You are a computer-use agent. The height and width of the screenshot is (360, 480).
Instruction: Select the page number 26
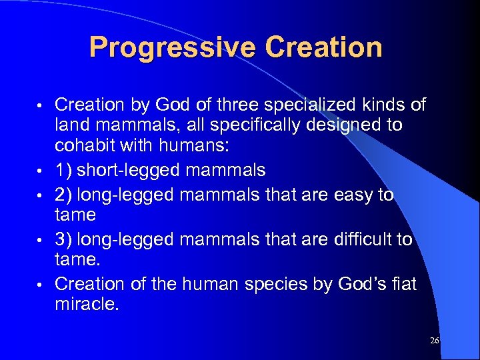pyautogui.click(x=435, y=341)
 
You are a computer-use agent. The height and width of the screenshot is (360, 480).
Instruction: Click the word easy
pyautogui.click(x=351, y=195)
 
